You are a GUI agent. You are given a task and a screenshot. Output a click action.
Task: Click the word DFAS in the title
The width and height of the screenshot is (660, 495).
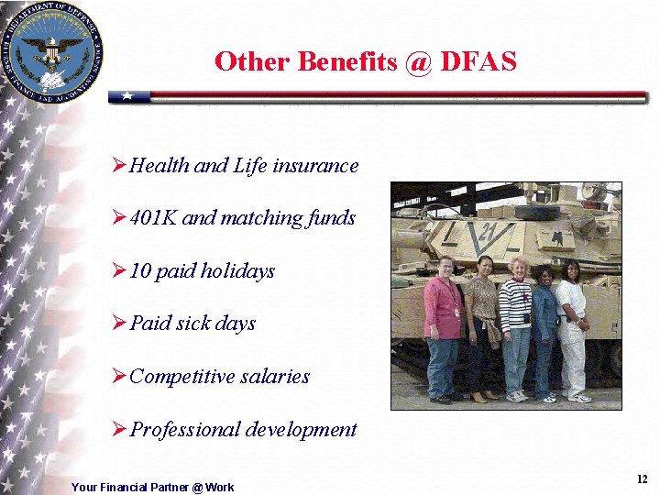pyautogui.click(x=478, y=61)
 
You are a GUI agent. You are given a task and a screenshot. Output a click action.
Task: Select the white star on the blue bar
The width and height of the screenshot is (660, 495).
pyautogui.click(x=129, y=96)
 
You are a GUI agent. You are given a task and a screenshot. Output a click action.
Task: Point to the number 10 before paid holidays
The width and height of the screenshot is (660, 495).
pyautogui.click(x=140, y=271)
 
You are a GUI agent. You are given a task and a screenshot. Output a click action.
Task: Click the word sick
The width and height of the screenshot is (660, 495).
pyautogui.click(x=196, y=324)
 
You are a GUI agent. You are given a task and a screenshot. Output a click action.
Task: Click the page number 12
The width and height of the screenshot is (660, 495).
pyautogui.click(x=642, y=479)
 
